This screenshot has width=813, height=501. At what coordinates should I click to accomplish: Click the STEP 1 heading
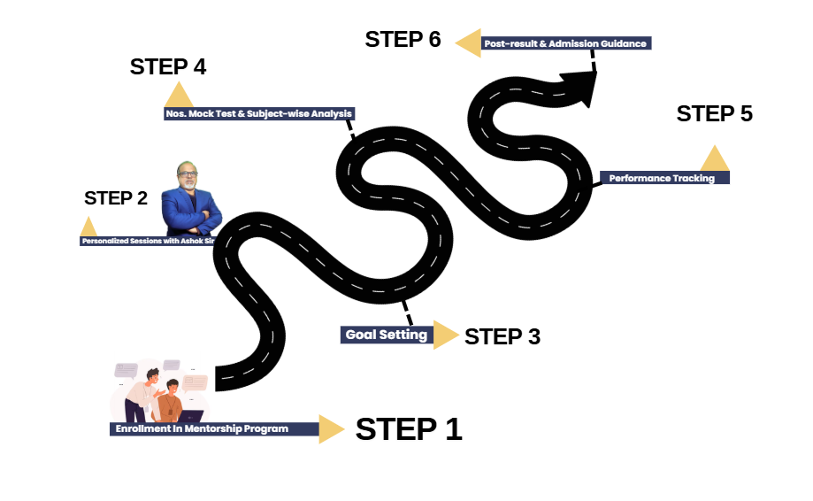pos(409,429)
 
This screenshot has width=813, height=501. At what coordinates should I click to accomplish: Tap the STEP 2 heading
pos(116,198)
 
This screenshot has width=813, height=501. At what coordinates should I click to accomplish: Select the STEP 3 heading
pos(502,336)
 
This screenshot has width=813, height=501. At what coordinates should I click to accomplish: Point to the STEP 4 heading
pos(168,67)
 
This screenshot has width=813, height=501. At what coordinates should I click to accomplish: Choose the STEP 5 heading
pos(714,114)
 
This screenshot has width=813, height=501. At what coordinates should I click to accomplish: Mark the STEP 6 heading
pos(403,40)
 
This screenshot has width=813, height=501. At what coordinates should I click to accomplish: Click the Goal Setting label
pos(387,335)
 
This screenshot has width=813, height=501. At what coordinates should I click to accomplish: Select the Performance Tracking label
pos(662,178)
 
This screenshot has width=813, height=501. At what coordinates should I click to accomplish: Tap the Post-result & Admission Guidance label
pos(565,42)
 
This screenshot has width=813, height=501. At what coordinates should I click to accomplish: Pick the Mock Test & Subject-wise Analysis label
pos(259,113)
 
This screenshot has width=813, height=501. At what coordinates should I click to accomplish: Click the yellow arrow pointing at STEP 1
pos(331,428)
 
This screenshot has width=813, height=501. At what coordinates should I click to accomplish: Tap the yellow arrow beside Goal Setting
pos(445,335)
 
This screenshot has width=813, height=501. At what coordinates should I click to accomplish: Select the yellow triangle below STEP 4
pos(179,96)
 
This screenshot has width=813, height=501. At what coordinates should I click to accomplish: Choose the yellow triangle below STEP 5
pos(714,159)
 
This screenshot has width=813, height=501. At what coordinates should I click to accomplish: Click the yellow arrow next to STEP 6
pos(469,42)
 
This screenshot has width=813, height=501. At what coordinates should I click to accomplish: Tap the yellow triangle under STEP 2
pos(88,227)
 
